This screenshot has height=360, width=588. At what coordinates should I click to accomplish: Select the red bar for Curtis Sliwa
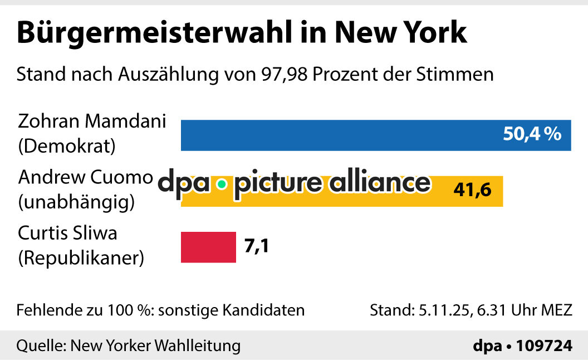click(208, 247)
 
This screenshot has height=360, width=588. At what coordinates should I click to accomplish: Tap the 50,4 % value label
click(532, 134)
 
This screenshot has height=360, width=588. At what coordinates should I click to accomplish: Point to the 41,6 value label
click(472, 191)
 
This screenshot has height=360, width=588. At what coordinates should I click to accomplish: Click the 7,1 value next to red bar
click(257, 246)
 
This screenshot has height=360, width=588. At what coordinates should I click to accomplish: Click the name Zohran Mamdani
click(92, 121)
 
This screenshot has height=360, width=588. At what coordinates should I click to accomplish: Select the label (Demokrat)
click(67, 147)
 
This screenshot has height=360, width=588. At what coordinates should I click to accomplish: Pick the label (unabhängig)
click(76, 202)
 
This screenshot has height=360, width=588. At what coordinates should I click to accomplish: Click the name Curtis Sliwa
click(67, 233)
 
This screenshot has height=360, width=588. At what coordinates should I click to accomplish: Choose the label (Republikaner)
click(81, 258)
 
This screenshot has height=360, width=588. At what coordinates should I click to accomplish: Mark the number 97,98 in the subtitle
click(281, 74)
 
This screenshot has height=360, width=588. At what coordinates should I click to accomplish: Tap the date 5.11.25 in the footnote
click(439, 310)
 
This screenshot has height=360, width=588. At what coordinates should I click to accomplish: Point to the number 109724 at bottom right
click(544, 346)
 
